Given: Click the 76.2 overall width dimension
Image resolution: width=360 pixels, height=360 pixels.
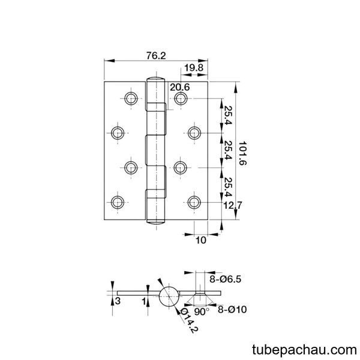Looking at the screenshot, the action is (x=156, y=56).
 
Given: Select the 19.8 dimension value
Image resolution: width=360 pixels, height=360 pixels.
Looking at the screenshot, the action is (x=194, y=68).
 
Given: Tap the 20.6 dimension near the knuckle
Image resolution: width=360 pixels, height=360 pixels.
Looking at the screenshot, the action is (x=180, y=87).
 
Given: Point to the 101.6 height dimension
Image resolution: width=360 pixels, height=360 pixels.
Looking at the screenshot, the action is (x=242, y=153).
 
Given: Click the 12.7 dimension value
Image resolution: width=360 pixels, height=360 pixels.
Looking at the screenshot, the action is (x=233, y=205).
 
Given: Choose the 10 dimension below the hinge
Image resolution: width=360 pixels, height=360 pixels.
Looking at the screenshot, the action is (x=201, y=240).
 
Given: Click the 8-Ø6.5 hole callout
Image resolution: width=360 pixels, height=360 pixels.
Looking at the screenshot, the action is (x=225, y=279).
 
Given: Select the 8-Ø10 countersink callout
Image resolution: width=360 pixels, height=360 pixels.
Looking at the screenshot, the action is (x=232, y=309).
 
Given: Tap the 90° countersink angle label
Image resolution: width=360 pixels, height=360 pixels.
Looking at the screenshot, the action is (x=202, y=312).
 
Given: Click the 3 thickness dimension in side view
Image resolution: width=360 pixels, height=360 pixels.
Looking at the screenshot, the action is (x=118, y=301).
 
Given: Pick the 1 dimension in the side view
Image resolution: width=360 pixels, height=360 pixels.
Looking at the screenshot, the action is (x=144, y=301).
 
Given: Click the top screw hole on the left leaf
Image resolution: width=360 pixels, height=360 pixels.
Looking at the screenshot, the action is (x=131, y=98).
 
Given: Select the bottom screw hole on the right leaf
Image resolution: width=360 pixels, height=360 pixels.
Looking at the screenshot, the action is (x=194, y=203).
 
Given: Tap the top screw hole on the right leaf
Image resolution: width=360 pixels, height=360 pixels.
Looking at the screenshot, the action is (x=181, y=98).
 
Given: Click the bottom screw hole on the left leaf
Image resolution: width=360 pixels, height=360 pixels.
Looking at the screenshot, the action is (x=118, y=203).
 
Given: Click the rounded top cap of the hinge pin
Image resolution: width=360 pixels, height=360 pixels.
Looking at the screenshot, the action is (x=156, y=79).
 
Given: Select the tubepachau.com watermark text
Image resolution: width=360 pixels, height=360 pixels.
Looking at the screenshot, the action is (x=304, y=350).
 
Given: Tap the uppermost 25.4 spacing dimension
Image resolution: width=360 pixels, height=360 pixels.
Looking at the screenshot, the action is (x=228, y=115).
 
